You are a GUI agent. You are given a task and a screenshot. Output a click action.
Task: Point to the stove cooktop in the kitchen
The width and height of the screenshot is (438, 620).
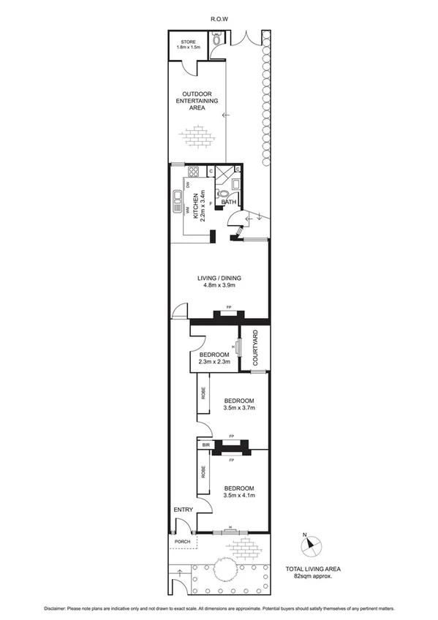point(195,173)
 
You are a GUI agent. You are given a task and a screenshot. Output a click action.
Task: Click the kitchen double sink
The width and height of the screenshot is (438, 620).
point(178,200)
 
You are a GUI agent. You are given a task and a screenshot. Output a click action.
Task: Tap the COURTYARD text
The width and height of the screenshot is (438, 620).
point(256,348)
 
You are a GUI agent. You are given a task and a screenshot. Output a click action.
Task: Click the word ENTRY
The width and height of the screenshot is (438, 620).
point(181,510)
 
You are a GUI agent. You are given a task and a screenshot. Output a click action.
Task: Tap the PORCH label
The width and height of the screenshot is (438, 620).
point(182,542)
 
